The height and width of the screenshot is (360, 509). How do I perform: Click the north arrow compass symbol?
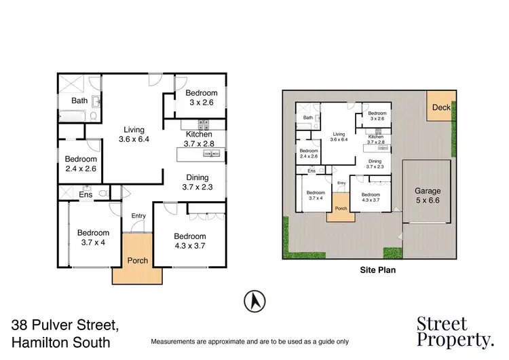pyautogui.click(x=254, y=300)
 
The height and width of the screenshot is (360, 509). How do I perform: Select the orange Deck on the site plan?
pyautogui.click(x=440, y=107)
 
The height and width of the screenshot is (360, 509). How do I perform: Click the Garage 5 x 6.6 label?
pyautogui.click(x=428, y=196)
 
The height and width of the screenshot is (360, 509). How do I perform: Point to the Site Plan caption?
pyautogui.click(x=377, y=270)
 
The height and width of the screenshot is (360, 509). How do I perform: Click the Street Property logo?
pyautogui.click(x=454, y=331)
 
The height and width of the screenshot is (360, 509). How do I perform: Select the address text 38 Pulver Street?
pyautogui.click(x=65, y=325)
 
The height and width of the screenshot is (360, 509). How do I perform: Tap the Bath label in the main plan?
pyautogui.click(x=80, y=101)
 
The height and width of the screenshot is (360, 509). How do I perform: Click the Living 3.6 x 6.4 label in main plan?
pyautogui.click(x=133, y=134)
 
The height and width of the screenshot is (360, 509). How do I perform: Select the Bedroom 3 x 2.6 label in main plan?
pyautogui.click(x=202, y=98)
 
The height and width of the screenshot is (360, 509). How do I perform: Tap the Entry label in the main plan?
pyautogui.click(x=138, y=216)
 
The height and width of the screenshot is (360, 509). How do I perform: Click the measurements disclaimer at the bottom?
pyautogui.click(x=249, y=341)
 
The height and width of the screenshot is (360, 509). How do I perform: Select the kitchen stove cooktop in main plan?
pyautogui.click(x=202, y=124)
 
